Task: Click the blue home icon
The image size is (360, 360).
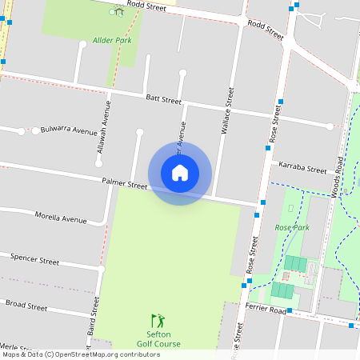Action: coord(180,173)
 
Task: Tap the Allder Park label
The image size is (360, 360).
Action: coord(111,39)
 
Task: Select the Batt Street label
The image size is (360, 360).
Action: coord(164,99)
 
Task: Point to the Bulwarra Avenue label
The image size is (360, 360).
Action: coord(68,130)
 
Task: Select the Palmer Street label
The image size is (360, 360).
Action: coord(125,183)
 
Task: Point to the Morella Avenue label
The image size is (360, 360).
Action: coord(60,218)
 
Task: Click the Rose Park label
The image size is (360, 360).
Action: coord(291,228)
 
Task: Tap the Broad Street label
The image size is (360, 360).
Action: coord(26,305)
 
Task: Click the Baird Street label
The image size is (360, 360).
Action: coord(93,316)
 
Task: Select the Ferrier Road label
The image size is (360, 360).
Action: coord(266,309)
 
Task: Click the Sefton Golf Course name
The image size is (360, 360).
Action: coord(158,339)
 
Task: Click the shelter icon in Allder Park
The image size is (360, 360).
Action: coord(118,11)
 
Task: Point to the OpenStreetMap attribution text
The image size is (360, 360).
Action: coord(81,354)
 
